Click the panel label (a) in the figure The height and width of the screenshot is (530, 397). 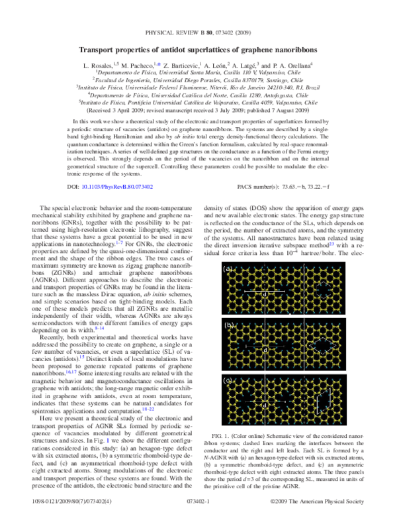228,269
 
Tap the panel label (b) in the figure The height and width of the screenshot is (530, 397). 228,325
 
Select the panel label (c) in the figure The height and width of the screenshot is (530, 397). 228,381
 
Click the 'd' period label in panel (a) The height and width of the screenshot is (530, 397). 265,293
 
